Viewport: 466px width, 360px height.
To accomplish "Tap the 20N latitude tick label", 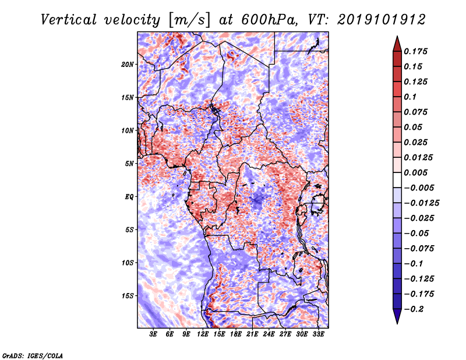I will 128,64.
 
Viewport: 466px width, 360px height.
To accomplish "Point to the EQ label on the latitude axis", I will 129,197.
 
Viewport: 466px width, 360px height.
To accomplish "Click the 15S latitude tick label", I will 128,296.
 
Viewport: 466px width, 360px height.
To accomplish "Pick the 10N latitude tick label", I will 128,130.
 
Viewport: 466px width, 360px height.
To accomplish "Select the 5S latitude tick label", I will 129,230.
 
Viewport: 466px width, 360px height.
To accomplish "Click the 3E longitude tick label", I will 154,334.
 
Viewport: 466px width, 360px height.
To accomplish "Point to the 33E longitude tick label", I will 319,334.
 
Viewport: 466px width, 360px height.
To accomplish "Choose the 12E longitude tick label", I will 203,334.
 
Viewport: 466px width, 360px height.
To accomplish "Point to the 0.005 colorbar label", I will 417,173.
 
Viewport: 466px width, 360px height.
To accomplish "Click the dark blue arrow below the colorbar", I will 397,317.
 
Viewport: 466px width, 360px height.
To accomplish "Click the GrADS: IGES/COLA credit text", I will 33,355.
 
